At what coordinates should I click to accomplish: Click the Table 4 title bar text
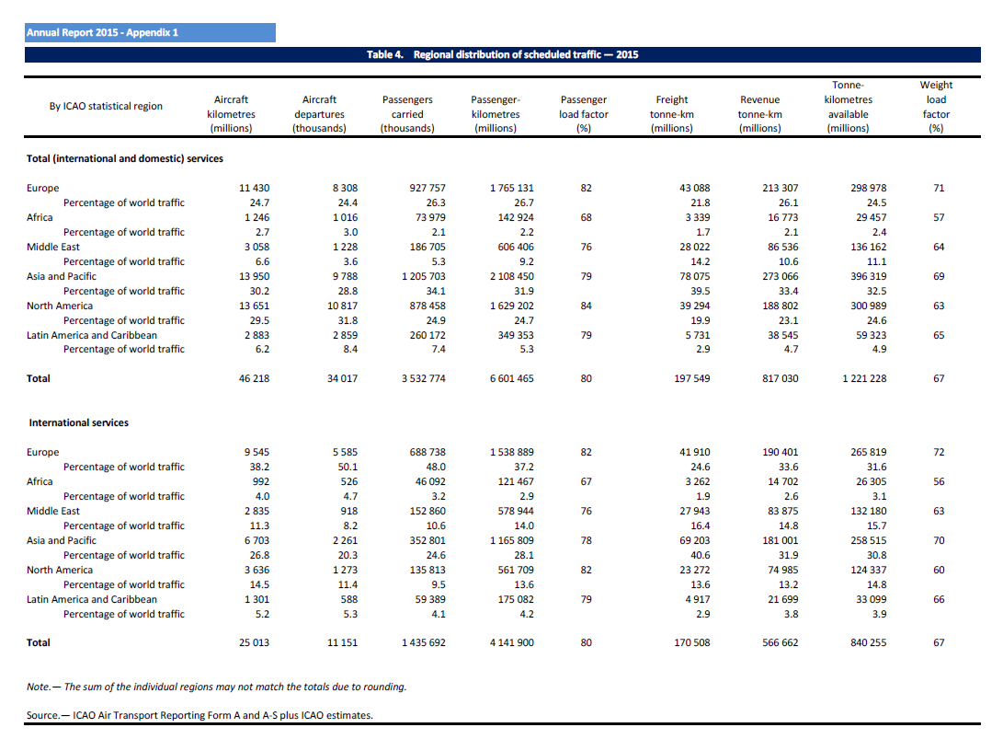[x=502, y=54]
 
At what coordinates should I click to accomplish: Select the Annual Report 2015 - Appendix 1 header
[x=103, y=33]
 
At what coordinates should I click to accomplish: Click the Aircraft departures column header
[x=319, y=113]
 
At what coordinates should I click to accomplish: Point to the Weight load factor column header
[x=936, y=107]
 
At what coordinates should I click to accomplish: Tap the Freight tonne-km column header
[x=671, y=113]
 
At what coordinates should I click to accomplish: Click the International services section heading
[x=79, y=422]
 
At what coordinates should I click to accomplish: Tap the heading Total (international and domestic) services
[x=125, y=158]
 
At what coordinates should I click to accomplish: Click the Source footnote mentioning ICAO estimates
[x=200, y=715]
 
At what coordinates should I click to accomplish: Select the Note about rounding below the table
[x=216, y=687]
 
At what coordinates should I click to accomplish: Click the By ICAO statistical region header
[x=106, y=106]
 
